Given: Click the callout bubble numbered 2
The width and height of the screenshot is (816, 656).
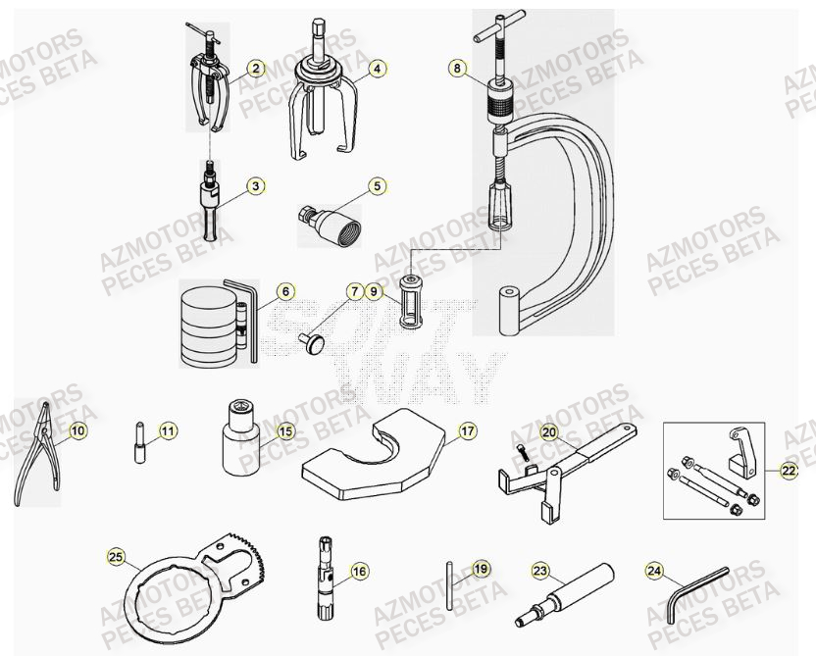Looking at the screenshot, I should point(255,68).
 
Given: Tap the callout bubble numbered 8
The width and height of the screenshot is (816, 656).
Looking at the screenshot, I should point(456,68).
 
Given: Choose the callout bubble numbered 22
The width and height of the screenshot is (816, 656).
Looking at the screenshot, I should point(789,471).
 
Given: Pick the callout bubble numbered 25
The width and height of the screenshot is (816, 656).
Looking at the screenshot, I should point(118,557).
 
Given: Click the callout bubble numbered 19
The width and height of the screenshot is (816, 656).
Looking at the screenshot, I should point(481,568).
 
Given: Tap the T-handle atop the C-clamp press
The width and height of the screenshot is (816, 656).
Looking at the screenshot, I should point(499,30).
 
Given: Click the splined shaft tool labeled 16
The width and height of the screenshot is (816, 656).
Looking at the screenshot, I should point(325,580).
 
